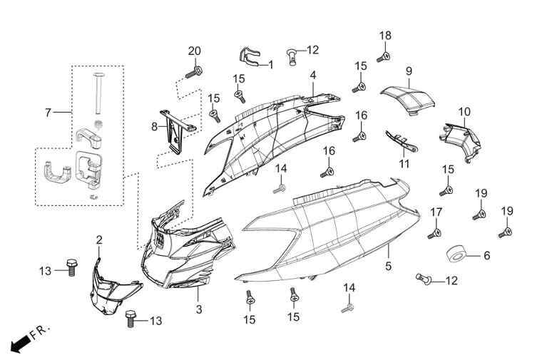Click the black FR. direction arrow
coord(20,344)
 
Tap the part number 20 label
coord(194,51)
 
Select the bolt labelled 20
coord(194,72)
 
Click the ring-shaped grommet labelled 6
coord(456,255)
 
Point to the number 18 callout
coord(385,36)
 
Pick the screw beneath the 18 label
coord(384,57)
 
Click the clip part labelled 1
coord(250,56)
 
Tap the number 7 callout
coord(48,113)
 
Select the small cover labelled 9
coord(408,98)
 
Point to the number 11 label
coord(404,164)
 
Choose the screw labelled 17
coord(434,233)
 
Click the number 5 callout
coord(388,267)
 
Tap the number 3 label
coord(198,309)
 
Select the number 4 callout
coord(313,76)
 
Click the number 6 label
coord(486,256)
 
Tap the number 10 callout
coord(464,112)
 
